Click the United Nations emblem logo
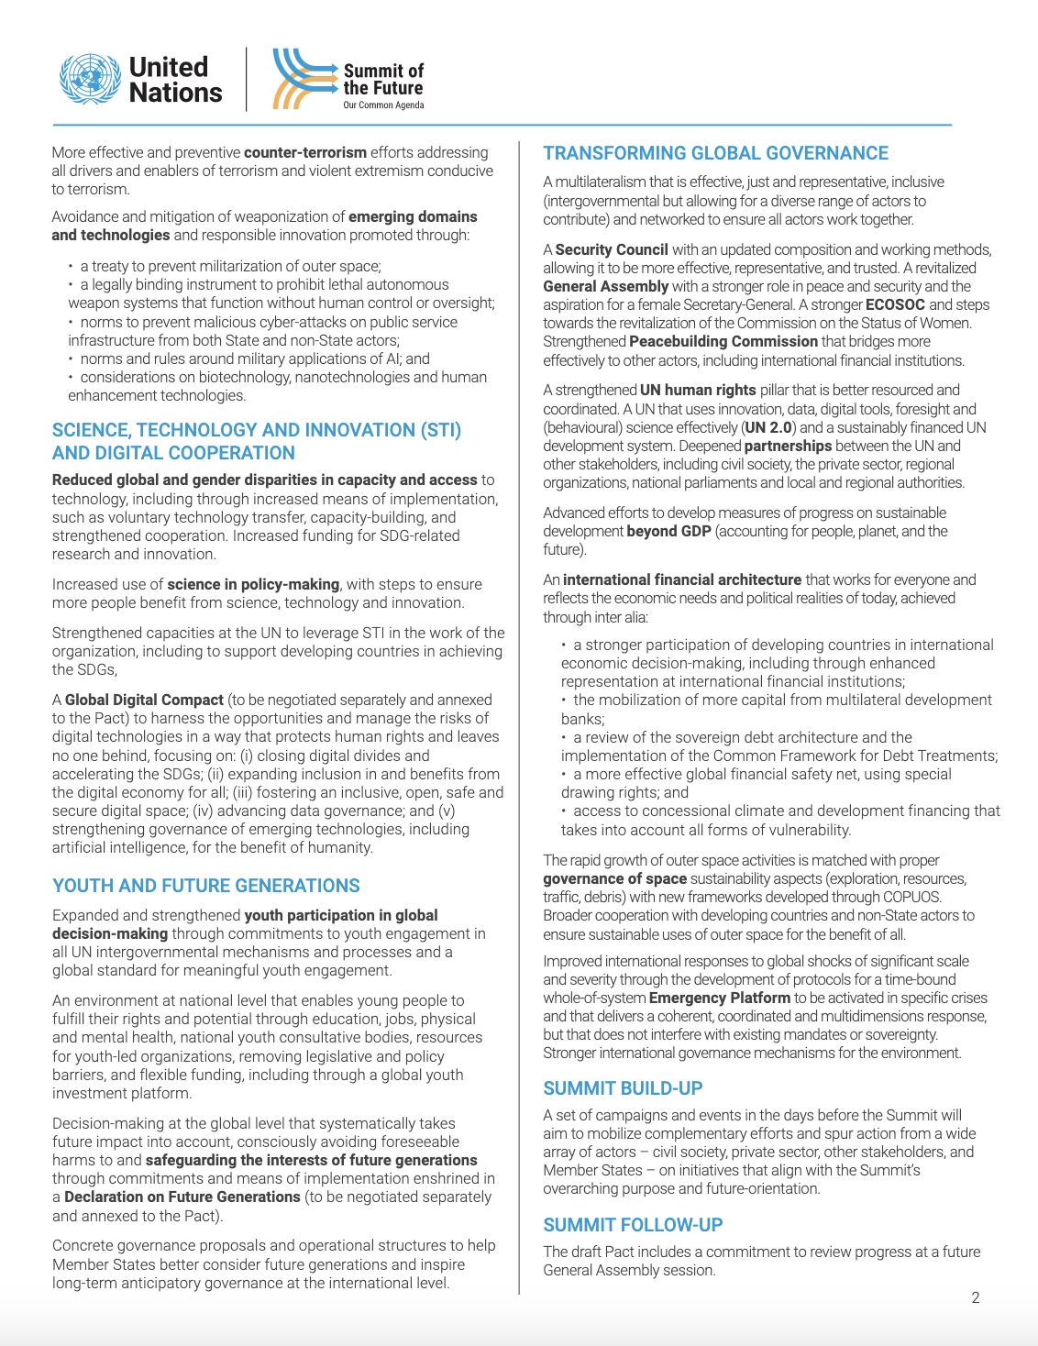(89, 79)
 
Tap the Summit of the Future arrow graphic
(303, 79)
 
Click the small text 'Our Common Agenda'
(383, 105)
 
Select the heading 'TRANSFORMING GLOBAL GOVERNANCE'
(715, 153)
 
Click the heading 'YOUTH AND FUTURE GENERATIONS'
(206, 886)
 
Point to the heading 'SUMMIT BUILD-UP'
(623, 1088)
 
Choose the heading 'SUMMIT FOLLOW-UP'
(633, 1225)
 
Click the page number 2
(976, 1297)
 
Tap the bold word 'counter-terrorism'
(305, 152)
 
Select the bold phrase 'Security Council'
(612, 249)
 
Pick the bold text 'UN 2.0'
(768, 427)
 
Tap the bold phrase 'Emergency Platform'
(720, 998)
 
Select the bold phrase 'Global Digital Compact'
(144, 700)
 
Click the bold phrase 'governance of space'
(614, 878)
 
